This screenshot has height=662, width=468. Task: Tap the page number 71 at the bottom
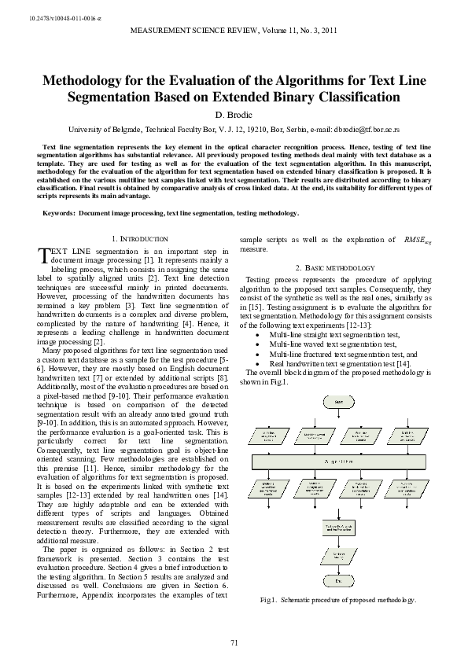(234, 644)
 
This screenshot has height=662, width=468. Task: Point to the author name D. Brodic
(234, 114)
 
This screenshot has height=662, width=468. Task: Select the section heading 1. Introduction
(140, 238)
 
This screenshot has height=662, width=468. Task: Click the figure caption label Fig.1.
(269, 600)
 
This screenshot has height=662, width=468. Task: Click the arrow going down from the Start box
(338, 416)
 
